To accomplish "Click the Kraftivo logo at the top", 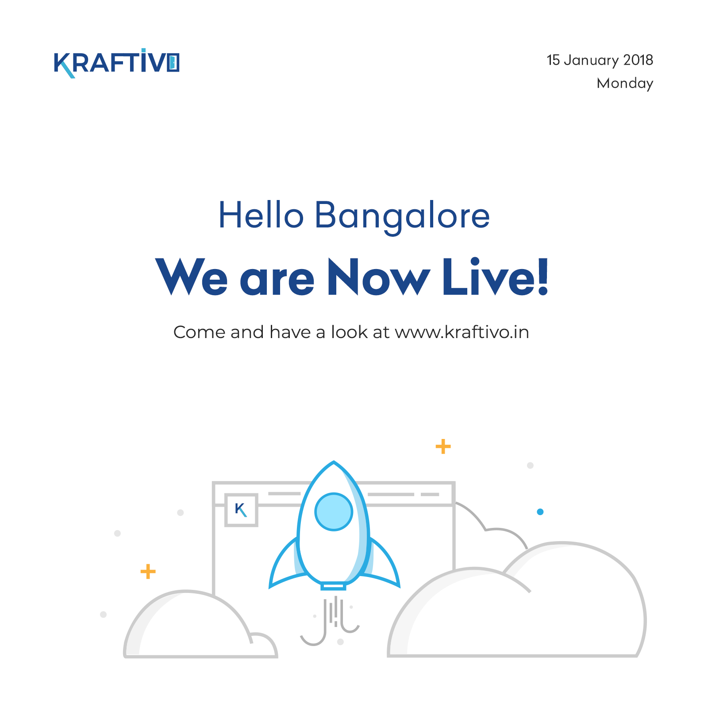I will [116, 63].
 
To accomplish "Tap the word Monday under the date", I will [625, 83].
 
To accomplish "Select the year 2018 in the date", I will [638, 60].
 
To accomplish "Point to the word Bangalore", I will [402, 216].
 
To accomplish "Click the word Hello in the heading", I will [261, 215].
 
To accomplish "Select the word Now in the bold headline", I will [378, 277].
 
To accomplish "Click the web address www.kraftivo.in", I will [462, 332].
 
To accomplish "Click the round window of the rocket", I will [334, 512].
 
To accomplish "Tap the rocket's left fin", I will [285, 564].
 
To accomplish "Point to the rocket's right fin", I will [383, 564].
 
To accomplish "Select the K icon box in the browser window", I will [241, 510].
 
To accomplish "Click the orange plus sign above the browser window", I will [443, 446].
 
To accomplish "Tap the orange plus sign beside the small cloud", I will [148, 571].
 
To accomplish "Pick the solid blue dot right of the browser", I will [540, 512].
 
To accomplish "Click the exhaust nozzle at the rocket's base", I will [333, 586].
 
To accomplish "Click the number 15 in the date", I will [553, 60].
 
